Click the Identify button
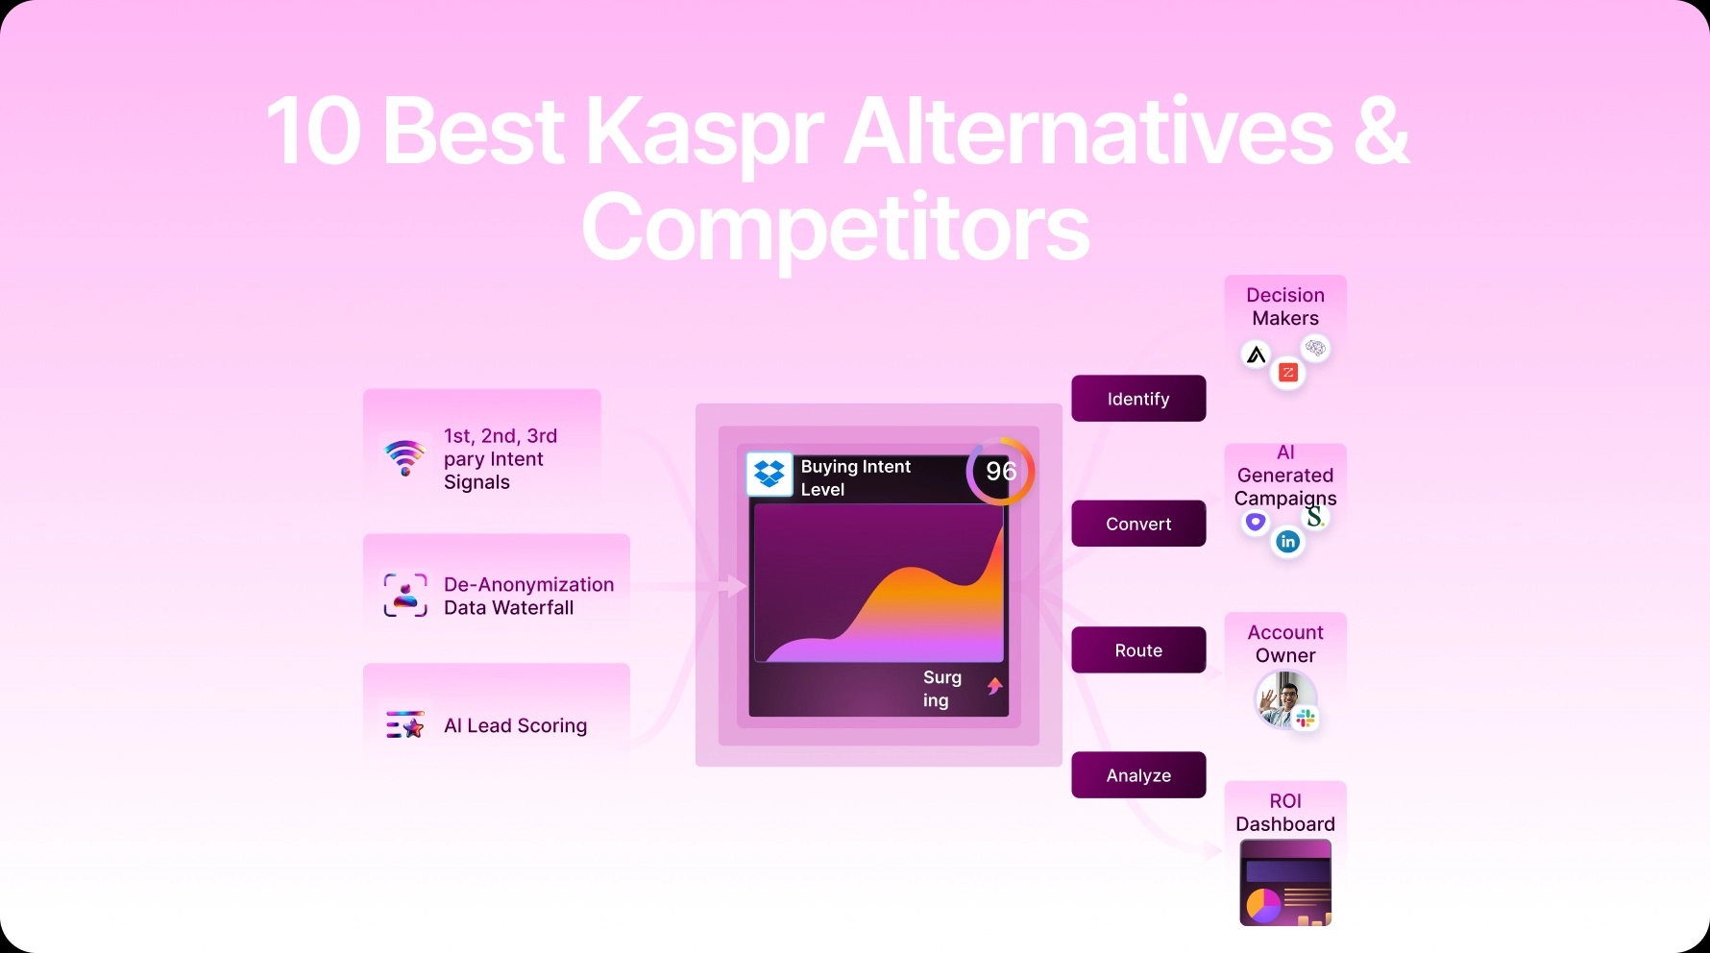pyautogui.click(x=1138, y=399)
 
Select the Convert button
pyautogui.click(x=1138, y=524)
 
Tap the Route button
pyautogui.click(x=1138, y=650)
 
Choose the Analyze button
pyautogui.click(x=1138, y=775)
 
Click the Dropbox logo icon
pyautogui.click(x=769, y=474)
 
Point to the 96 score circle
pyautogui.click(x=1000, y=471)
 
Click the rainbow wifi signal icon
pyautogui.click(x=404, y=457)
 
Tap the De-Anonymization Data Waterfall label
pyautogui.click(x=527, y=596)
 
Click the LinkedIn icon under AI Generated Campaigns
pyautogui.click(x=1287, y=542)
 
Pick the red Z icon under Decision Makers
pyautogui.click(x=1288, y=373)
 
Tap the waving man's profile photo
pyautogui.click(x=1283, y=698)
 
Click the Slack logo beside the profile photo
pyautogui.click(x=1306, y=719)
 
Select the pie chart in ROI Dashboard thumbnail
pyautogui.click(x=1263, y=904)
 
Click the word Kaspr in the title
pyautogui.click(x=703, y=133)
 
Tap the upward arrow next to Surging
pyautogui.click(x=994, y=686)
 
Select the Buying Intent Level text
pyautogui.click(x=854, y=477)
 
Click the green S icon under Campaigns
pyautogui.click(x=1314, y=518)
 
